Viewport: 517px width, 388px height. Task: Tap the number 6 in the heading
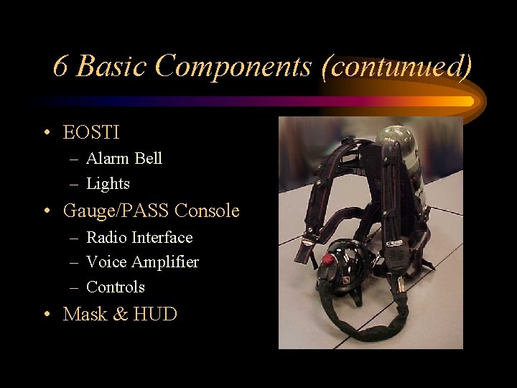60,66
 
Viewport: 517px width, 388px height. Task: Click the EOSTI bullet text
91,133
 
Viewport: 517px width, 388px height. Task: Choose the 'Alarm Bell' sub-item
124,159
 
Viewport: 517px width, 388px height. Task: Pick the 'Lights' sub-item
108,184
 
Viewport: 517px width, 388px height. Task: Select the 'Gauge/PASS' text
116,211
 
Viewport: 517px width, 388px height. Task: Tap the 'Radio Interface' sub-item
139,237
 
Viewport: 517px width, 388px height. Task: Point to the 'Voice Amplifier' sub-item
142,262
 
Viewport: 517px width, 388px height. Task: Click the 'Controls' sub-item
115,287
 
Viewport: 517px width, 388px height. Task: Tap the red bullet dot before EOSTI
46,134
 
